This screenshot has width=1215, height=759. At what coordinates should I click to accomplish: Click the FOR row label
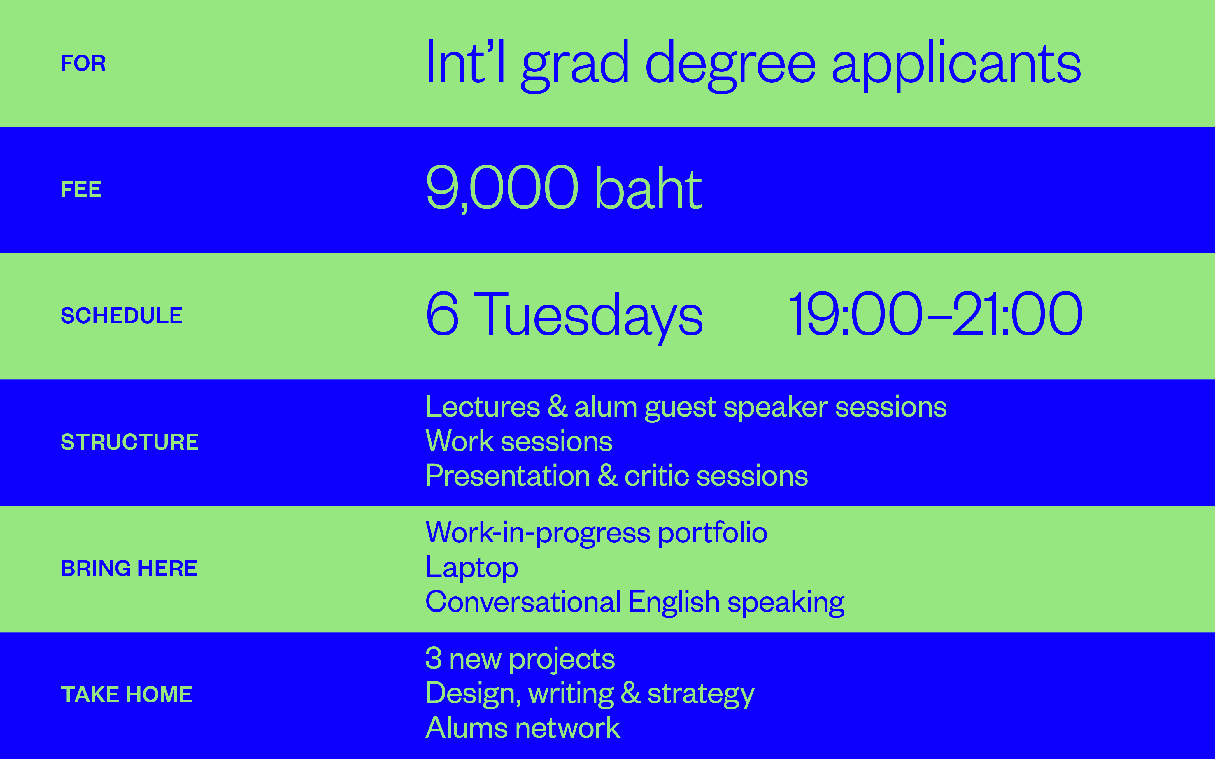point(83,63)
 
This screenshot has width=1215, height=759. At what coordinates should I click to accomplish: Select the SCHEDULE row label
point(122,316)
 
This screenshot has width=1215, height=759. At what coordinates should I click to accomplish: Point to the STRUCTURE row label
point(129,442)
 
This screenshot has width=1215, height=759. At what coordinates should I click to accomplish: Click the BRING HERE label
point(129,569)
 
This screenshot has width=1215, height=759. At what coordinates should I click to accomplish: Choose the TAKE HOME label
point(127,695)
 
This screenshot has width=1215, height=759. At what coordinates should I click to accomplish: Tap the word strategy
point(701,695)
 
